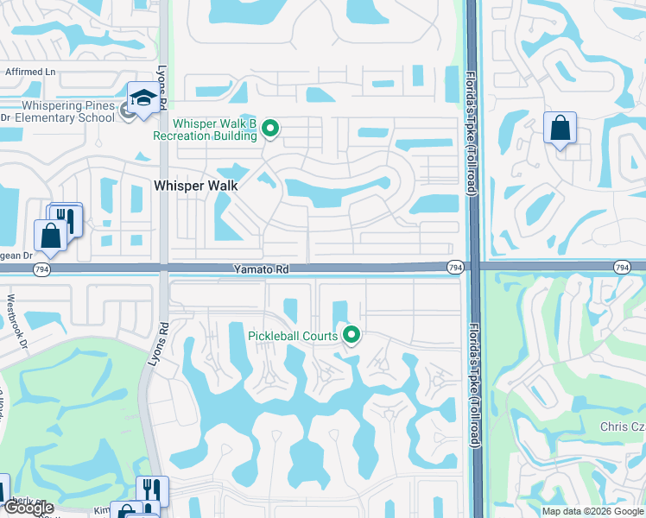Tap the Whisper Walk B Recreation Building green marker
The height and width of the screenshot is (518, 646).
coord(270,129)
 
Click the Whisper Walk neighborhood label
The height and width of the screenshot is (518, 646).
coord(195,185)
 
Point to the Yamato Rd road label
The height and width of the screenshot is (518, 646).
coord(260,269)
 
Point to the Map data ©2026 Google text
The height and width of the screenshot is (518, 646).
coord(592,511)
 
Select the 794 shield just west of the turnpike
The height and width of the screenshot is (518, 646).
coord(454,269)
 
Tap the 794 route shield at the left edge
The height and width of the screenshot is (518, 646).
coord(41,269)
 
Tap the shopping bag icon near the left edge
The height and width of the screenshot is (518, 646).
coord(49,236)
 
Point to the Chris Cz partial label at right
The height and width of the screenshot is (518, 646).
coord(622,427)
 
